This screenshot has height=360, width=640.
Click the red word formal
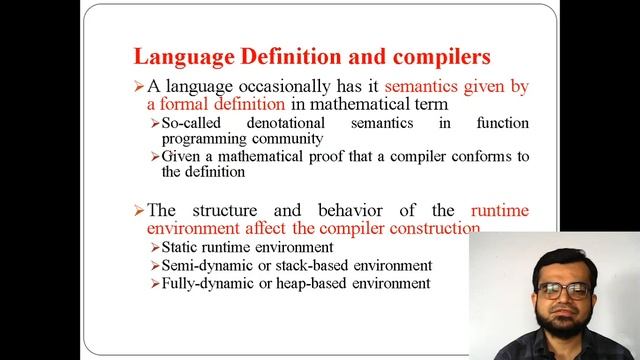tap(185, 103)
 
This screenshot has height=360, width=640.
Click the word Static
tap(181, 247)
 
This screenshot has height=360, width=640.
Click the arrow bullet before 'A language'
tap(139, 87)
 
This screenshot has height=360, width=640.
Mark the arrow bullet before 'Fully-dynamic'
tap(154, 284)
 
